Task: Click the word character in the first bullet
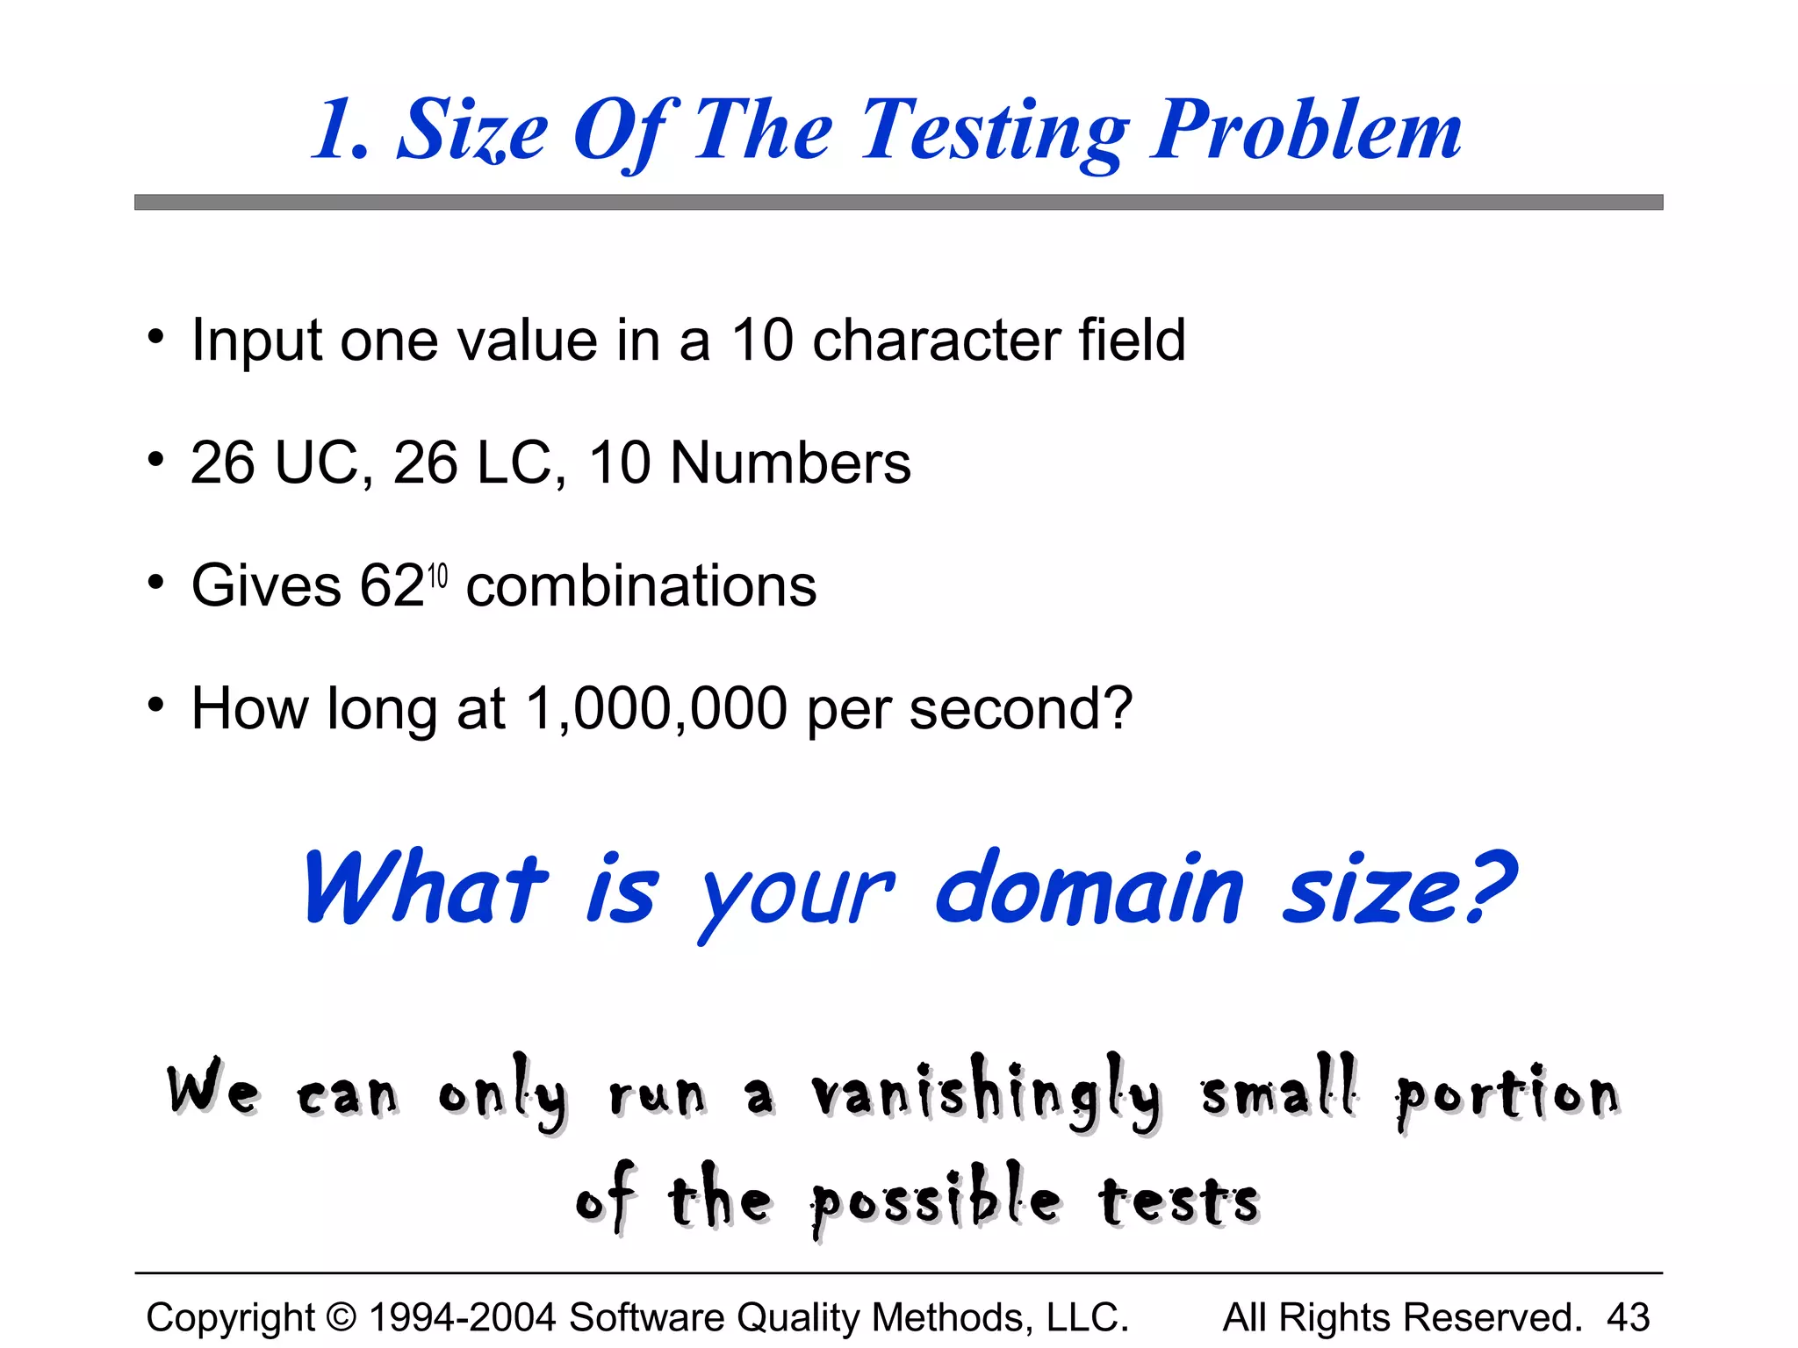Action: click(x=936, y=340)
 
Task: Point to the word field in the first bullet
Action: click(x=1132, y=340)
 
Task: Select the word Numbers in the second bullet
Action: click(x=790, y=462)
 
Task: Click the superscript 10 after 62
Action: click(x=437, y=576)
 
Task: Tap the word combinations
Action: click(x=641, y=585)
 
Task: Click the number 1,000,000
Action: click(x=656, y=708)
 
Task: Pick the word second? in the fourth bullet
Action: click(x=1020, y=708)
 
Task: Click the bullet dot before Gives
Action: click(x=156, y=582)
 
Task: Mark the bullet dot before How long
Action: click(x=156, y=704)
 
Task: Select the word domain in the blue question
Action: click(x=1089, y=891)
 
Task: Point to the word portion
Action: click(x=1507, y=1095)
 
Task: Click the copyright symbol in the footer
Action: click(x=342, y=1317)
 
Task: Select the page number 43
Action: click(x=1628, y=1317)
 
